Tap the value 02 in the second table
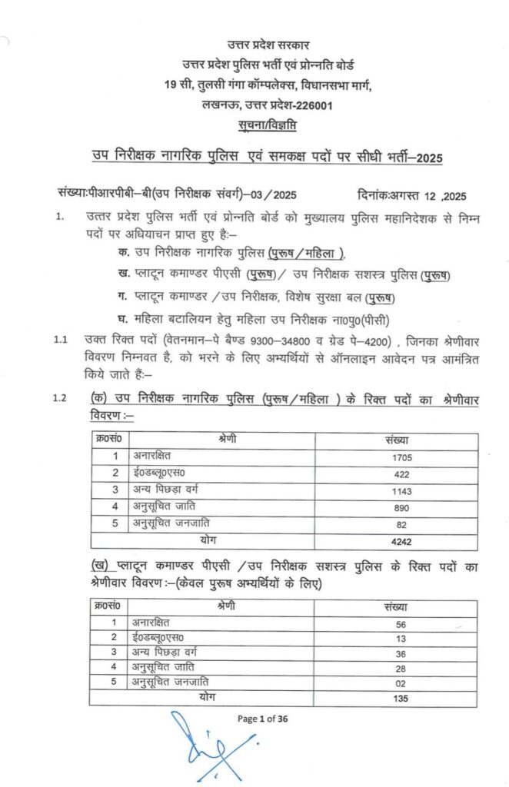(399, 683)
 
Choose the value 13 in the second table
(399, 638)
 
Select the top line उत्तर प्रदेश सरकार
(268, 48)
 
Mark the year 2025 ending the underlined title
(428, 158)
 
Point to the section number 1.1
(61, 339)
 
